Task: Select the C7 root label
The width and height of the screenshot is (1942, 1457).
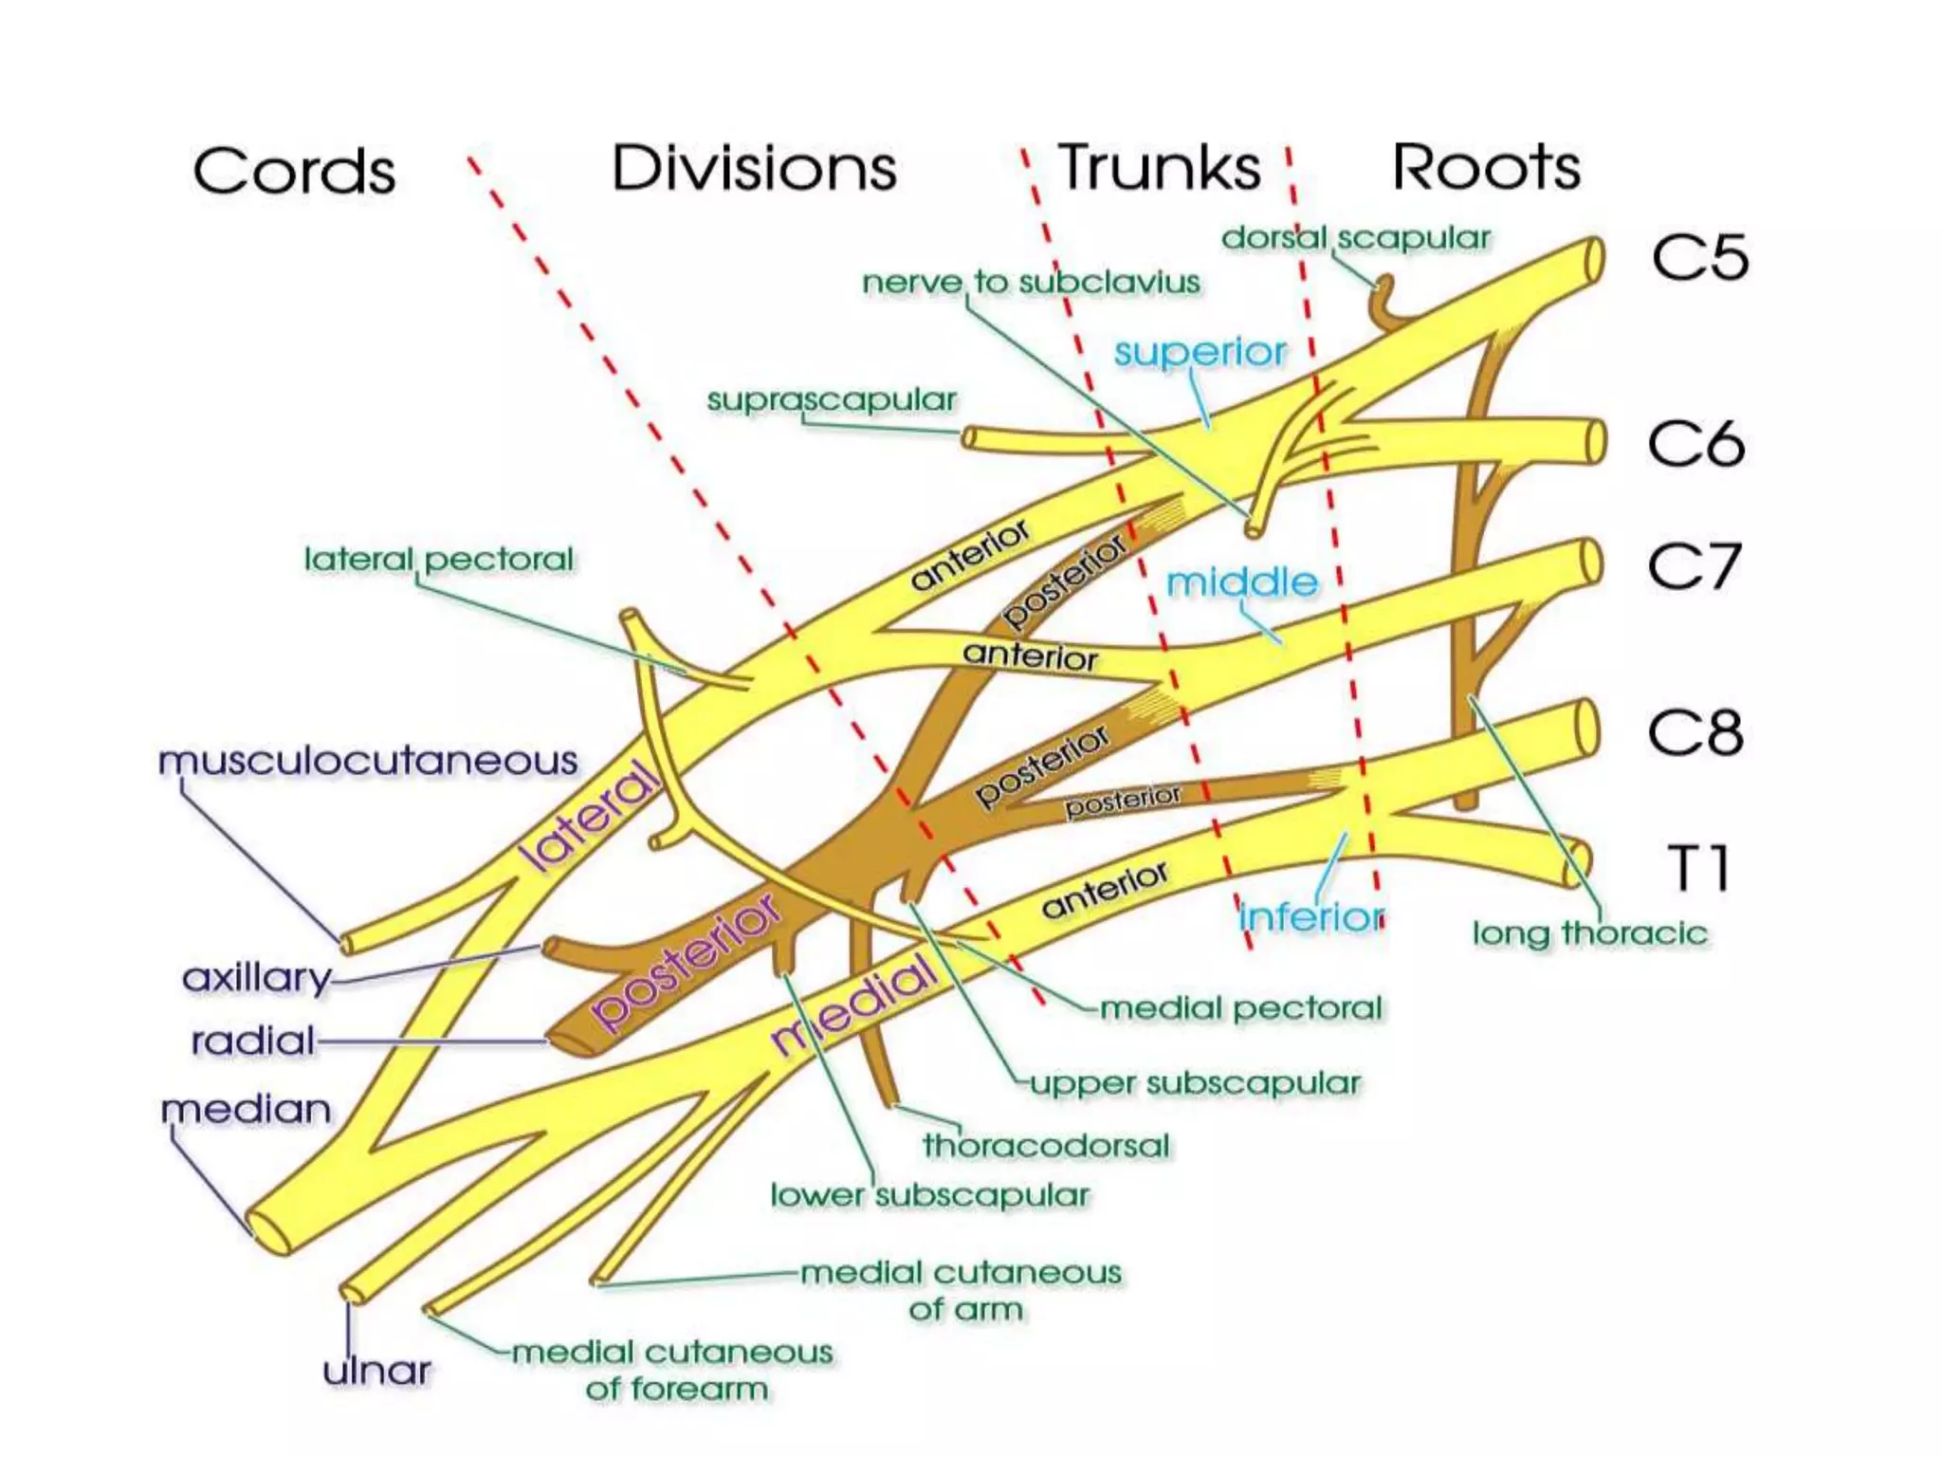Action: click(x=1694, y=567)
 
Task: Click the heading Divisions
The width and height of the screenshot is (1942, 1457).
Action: click(x=754, y=169)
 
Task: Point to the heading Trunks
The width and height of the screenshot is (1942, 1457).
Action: click(x=1159, y=168)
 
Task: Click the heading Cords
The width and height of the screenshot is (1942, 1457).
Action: click(x=294, y=172)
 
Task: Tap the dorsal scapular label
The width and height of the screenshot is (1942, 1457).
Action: click(x=1355, y=238)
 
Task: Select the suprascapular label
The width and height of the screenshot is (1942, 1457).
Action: click(x=832, y=400)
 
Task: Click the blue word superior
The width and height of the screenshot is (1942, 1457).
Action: click(x=1200, y=352)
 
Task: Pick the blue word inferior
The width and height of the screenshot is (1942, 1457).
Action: click(x=1311, y=916)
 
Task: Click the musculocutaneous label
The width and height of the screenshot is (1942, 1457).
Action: click(x=368, y=761)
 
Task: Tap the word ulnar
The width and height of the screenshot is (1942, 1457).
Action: click(x=376, y=1371)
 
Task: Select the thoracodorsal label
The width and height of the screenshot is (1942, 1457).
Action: click(x=1046, y=1145)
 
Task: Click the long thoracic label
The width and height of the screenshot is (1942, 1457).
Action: click(x=1589, y=933)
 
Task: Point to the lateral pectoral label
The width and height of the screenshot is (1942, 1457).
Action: click(x=438, y=559)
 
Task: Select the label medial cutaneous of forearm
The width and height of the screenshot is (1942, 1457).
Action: click(x=673, y=1370)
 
